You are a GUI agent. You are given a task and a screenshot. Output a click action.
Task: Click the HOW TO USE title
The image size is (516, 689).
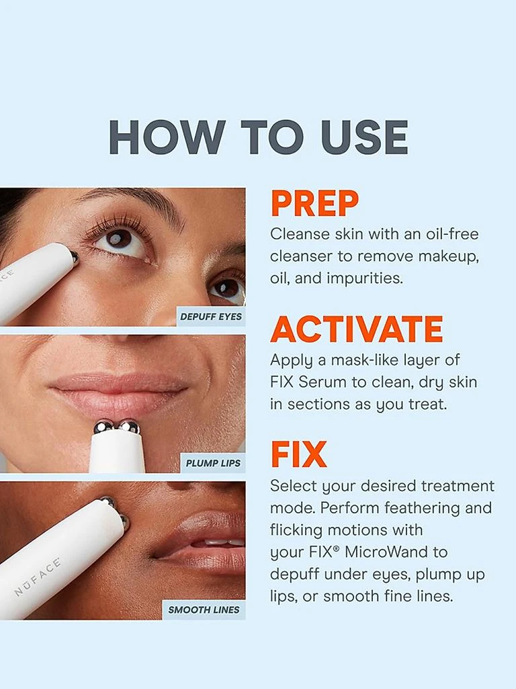(258, 137)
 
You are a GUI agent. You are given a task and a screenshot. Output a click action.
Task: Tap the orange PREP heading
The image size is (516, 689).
(314, 204)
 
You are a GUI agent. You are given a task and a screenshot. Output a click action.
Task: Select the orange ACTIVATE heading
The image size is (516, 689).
(356, 329)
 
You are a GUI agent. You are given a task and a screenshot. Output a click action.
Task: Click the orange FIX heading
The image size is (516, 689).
(298, 455)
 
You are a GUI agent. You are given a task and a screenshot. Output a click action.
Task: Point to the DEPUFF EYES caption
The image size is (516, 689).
(211, 316)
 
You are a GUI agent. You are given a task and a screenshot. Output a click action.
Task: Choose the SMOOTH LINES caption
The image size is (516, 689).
(204, 610)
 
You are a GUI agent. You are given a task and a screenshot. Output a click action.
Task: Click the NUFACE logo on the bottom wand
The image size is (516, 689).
(38, 576)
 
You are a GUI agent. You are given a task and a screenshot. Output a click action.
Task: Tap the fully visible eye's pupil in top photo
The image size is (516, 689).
(119, 238)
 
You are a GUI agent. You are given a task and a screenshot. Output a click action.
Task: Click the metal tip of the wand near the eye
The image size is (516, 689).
(74, 256)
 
